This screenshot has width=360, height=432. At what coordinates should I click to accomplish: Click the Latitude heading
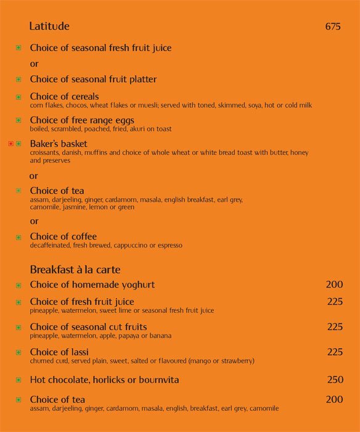(49, 27)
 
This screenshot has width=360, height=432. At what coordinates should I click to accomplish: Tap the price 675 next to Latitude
(333, 27)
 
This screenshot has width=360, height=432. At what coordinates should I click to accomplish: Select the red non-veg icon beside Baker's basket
(11, 144)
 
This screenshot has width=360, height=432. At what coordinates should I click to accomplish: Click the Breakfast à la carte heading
(75, 270)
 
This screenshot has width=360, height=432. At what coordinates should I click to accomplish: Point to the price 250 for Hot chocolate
(335, 380)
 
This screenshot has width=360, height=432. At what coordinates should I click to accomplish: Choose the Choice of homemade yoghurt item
(92, 285)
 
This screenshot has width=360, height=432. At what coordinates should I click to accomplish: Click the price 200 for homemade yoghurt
(334, 285)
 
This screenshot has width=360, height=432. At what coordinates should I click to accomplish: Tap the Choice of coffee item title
(63, 237)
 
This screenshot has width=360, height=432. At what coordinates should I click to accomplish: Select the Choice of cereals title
(64, 97)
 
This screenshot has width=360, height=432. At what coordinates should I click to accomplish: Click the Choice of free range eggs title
(82, 120)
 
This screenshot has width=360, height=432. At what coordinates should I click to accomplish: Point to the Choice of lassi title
(60, 352)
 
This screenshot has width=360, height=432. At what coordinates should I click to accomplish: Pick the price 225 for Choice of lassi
(335, 352)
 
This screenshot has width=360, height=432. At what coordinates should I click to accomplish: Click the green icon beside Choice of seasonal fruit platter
(18, 80)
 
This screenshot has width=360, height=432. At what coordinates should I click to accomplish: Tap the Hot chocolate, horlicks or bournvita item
(104, 380)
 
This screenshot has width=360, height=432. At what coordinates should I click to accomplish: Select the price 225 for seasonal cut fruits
(335, 327)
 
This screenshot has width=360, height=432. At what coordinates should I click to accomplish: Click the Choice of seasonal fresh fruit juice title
(100, 48)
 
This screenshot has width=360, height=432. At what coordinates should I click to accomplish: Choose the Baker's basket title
(59, 144)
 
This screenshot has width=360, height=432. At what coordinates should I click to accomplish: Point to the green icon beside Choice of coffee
(18, 237)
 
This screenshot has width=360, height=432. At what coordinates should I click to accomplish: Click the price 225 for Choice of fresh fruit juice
(335, 302)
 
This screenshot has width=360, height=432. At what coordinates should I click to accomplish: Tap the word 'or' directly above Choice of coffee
(34, 221)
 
